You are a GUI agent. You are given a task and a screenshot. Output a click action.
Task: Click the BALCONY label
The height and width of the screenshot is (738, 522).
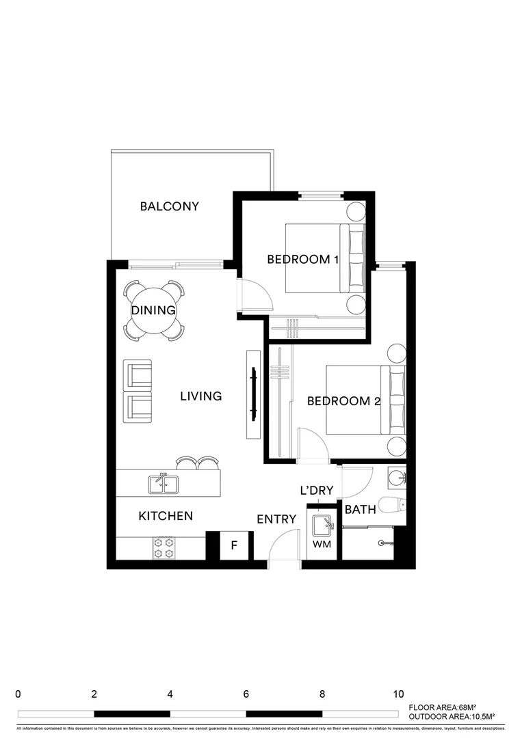click(x=169, y=206)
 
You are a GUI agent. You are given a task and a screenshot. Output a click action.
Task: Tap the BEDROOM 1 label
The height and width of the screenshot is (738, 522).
click(x=302, y=260)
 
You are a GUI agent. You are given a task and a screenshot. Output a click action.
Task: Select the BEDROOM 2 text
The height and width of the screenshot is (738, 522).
click(x=343, y=402)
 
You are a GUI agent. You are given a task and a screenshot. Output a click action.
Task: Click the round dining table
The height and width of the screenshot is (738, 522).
click(x=154, y=310)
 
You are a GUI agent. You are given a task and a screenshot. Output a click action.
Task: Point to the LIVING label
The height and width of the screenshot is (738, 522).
click(x=201, y=396)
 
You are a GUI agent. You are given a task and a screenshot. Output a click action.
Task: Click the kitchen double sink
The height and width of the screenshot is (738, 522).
click(x=164, y=484)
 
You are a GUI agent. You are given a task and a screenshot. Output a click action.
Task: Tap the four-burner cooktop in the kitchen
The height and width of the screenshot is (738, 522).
click(x=164, y=547)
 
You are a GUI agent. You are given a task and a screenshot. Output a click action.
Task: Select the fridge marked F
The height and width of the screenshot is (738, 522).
click(x=234, y=546)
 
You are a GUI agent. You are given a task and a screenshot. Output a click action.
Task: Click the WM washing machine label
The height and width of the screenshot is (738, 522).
click(x=322, y=545)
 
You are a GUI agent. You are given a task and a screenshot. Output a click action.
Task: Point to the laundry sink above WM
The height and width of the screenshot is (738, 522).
click(x=322, y=525)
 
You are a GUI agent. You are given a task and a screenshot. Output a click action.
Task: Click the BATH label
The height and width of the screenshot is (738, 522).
click(x=360, y=510)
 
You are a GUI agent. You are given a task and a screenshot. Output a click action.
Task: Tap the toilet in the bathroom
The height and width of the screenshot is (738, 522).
click(x=393, y=506)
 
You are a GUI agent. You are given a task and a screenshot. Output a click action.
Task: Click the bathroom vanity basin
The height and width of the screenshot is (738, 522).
click(x=396, y=478)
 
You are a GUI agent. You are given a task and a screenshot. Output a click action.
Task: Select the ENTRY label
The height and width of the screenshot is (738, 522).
click(x=276, y=520)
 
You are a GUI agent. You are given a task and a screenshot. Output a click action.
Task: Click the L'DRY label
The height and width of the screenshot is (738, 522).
click(x=317, y=491)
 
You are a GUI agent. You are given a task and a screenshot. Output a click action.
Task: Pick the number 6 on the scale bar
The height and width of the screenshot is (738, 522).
click(x=246, y=694)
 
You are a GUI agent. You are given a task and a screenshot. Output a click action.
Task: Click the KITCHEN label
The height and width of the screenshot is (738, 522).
click(x=166, y=517)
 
